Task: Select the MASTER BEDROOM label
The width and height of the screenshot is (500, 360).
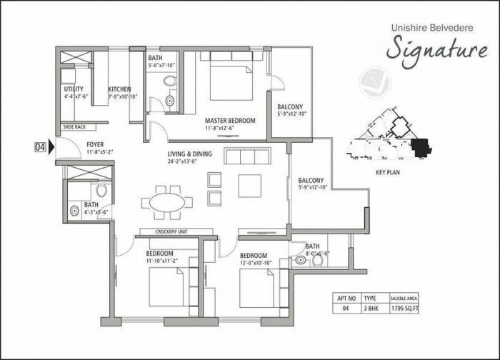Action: (x=230, y=121)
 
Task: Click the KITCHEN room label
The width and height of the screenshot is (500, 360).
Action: (x=119, y=89)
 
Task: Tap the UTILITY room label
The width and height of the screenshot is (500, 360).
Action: (x=74, y=89)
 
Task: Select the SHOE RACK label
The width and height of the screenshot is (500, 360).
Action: (x=74, y=127)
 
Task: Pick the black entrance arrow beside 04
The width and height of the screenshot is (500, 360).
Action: (x=52, y=148)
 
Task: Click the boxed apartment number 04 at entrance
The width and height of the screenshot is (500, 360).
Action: (x=40, y=148)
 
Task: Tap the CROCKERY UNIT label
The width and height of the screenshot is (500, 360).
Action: (x=166, y=231)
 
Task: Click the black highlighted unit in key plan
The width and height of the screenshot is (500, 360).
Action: (x=421, y=148)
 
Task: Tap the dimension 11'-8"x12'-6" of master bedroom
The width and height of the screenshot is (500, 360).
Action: (x=230, y=129)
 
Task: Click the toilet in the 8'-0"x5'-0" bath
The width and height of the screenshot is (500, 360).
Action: (x=316, y=261)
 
